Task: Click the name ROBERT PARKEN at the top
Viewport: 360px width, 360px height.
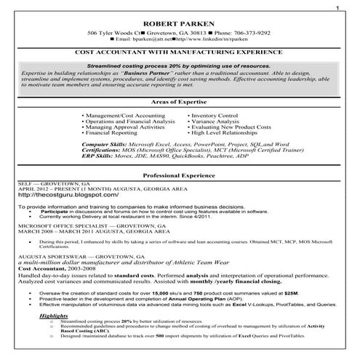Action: pos(180,23)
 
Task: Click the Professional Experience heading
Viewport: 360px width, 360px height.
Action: pos(180,177)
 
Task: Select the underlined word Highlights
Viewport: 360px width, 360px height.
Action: pos(54,316)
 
